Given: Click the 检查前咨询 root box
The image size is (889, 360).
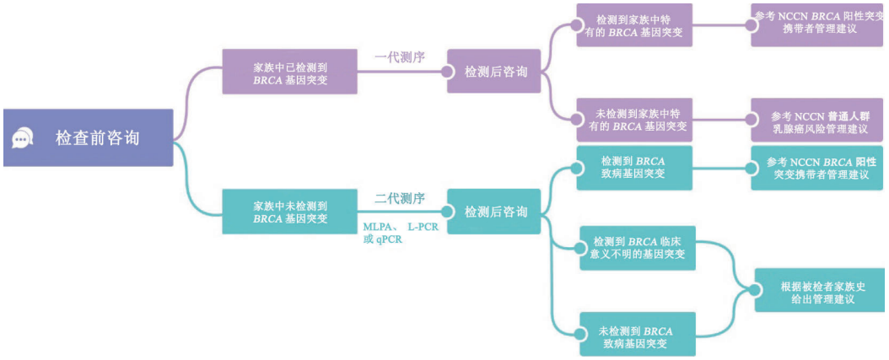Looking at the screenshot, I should click(88, 137).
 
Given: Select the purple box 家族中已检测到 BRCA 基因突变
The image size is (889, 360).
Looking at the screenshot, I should click(290, 72).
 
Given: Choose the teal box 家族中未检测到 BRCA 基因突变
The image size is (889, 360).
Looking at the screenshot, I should click(290, 212).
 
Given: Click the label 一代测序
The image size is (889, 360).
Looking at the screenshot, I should click(400, 57).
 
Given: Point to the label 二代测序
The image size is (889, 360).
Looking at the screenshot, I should click(400, 199).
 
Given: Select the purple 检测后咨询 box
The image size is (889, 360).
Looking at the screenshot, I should click(495, 72).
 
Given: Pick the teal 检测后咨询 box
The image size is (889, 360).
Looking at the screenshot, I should click(495, 212).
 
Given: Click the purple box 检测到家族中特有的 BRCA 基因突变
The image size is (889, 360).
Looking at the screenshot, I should click(634, 25).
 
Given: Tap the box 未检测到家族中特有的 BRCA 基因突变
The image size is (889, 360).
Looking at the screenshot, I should click(634, 120).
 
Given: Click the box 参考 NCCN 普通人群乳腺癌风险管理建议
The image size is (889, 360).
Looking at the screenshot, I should click(816, 121).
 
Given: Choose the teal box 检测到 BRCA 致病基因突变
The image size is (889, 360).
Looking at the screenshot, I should click(633, 167).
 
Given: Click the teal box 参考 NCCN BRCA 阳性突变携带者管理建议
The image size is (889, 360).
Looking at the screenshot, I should click(816, 168).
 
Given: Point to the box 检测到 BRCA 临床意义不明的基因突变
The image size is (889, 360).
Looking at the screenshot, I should click(638, 247).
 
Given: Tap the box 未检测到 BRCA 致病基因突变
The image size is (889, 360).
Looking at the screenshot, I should click(638, 334).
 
